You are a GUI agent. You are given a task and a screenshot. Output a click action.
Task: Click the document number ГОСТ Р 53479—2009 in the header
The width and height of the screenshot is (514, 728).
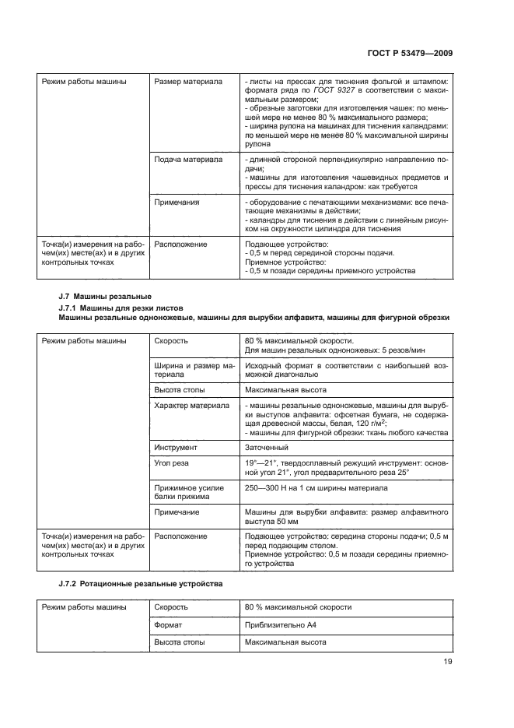[x=409, y=53]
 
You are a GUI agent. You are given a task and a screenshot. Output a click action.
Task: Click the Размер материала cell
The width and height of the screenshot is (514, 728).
[x=188, y=81]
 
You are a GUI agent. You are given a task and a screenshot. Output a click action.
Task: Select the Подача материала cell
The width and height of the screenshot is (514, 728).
[x=188, y=159]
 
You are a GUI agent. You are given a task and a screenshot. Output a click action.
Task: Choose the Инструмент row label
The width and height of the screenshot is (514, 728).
[x=176, y=448]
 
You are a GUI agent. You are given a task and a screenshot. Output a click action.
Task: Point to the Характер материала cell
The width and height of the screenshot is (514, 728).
[x=191, y=406]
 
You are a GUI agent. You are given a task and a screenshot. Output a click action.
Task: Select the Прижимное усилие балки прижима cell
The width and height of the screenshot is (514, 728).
[x=189, y=492]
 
